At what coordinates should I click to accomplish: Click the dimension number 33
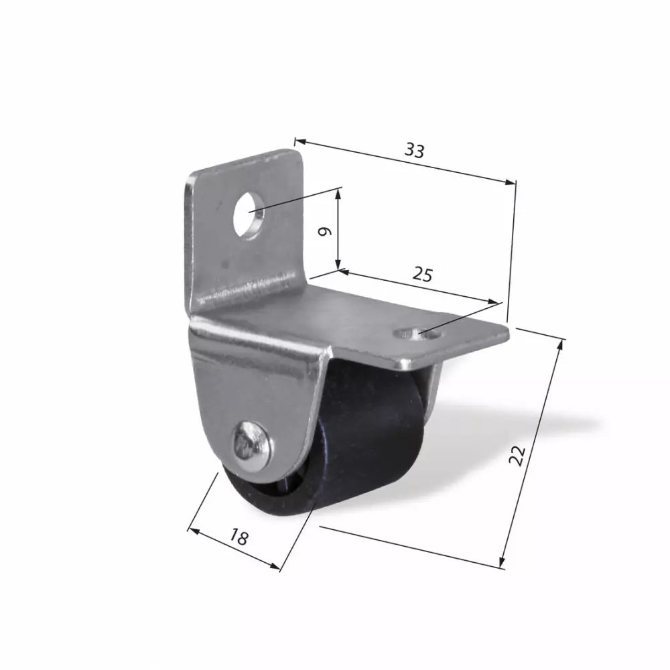[415, 150]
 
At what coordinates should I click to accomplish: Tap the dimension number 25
[422, 274]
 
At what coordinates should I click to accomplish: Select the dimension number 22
[517, 455]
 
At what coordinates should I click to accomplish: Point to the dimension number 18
[239, 537]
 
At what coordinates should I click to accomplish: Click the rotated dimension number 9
[326, 231]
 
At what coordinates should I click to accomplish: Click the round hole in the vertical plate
[248, 215]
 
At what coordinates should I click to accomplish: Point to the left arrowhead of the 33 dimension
[299, 141]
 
